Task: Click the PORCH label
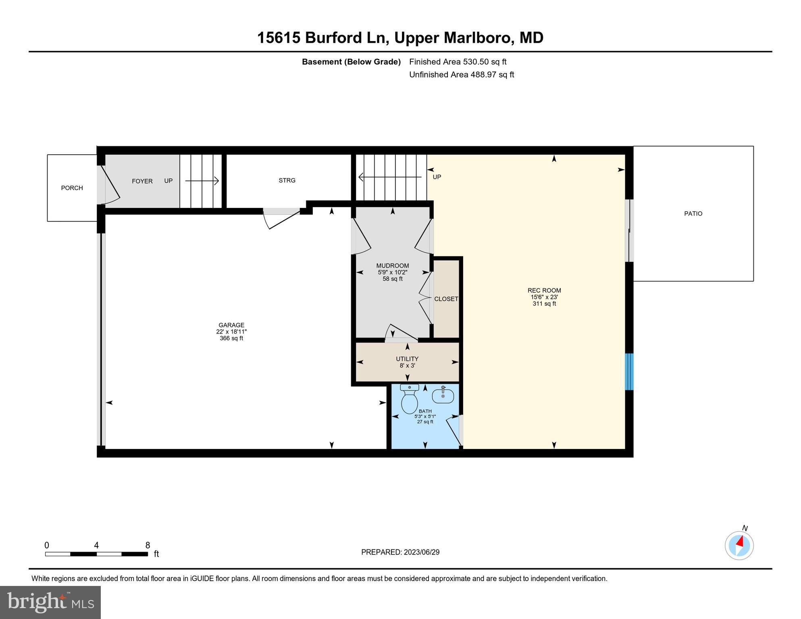tap(72, 188)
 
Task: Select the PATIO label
tap(693, 214)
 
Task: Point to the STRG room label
tap(287, 181)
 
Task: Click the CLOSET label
tap(446, 299)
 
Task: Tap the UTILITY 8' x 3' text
tap(407, 362)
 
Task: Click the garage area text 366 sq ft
tap(231, 339)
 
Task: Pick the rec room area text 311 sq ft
tap(544, 304)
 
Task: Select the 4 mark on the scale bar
tap(96, 545)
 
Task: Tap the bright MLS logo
tap(50, 602)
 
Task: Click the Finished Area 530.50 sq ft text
tap(458, 62)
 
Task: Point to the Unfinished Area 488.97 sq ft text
tap(462, 75)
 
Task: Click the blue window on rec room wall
tap(629, 372)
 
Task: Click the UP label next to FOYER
tap(169, 181)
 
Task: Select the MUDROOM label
tap(393, 266)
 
